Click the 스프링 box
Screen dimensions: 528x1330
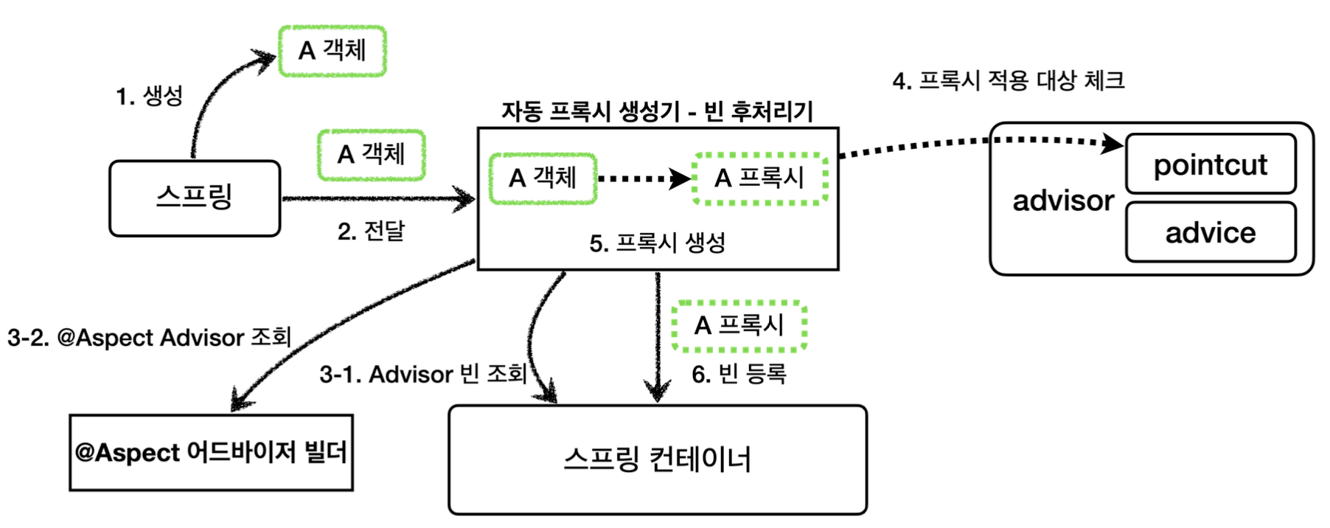(195, 198)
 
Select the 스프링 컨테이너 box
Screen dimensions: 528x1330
(658, 459)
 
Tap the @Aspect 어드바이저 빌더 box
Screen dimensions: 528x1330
(212, 452)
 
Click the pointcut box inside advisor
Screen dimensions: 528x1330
(1210, 164)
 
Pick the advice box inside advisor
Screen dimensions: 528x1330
(1210, 233)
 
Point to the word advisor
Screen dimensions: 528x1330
(1062, 201)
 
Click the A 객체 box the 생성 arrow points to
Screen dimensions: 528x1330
(332, 51)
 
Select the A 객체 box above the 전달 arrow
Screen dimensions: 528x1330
(372, 155)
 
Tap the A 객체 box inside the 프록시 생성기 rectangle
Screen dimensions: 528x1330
(543, 178)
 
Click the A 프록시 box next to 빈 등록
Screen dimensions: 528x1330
(739, 325)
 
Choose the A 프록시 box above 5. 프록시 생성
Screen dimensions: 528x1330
(759, 178)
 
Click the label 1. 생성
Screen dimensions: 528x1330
(149, 96)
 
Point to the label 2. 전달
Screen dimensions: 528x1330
(371, 232)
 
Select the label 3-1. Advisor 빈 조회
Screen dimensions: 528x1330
(423, 375)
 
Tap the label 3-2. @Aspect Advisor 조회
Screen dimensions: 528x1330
(150, 338)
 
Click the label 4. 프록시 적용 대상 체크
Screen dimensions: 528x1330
(1008, 80)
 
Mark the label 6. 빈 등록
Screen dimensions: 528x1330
(739, 375)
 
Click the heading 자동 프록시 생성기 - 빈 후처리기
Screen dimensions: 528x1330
(657, 112)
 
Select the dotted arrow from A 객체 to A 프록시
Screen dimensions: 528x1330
(641, 178)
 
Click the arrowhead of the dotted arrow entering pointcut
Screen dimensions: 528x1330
(1113, 144)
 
